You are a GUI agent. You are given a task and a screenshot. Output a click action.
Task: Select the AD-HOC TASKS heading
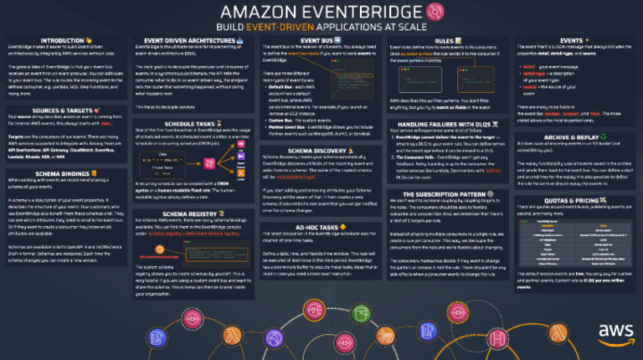point(318,226)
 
